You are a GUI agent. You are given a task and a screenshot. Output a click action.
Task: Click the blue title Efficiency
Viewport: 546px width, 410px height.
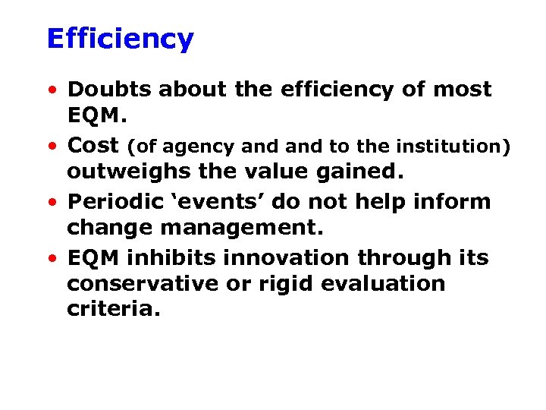click(120, 39)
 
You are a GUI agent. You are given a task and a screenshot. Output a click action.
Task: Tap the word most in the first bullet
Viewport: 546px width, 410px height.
click(461, 90)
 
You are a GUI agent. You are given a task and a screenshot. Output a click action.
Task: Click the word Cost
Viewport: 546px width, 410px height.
click(93, 146)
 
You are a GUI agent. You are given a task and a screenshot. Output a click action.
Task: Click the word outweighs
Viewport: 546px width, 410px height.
click(129, 172)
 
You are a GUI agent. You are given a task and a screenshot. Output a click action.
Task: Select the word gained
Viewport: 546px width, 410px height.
click(359, 172)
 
